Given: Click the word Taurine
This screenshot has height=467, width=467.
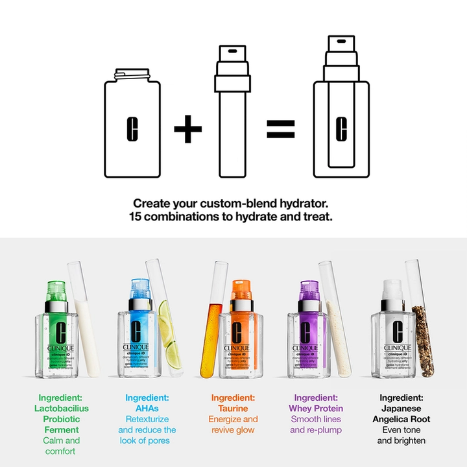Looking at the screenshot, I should (233, 408).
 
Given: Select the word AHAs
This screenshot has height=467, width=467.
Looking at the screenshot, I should (147, 408).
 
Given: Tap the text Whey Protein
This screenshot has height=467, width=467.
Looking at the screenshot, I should (315, 408).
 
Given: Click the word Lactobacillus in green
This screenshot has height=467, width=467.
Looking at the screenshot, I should (62, 408).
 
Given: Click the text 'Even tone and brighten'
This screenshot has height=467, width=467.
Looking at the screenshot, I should (401, 435).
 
